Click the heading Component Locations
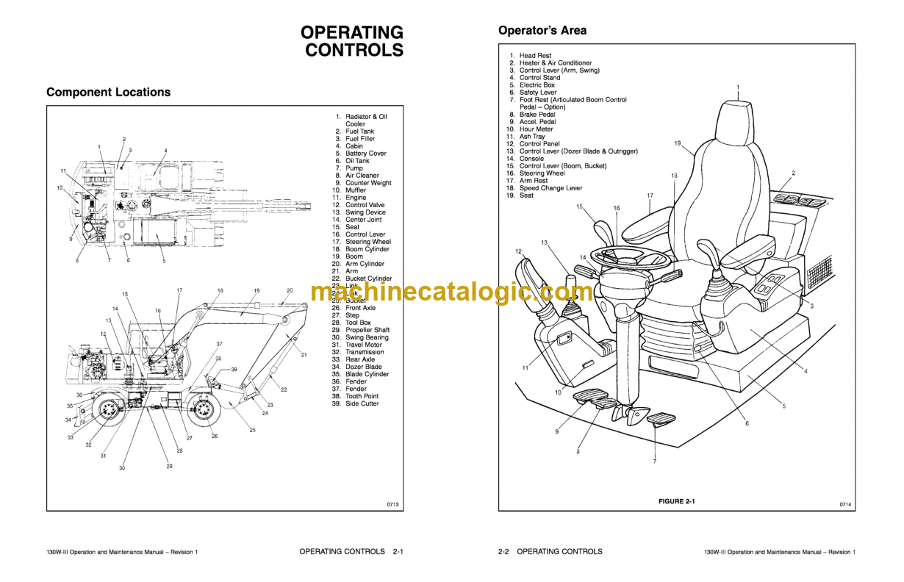tap(108, 93)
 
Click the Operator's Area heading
tap(542, 31)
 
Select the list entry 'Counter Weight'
tap(368, 183)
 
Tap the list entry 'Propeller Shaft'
tap(367, 330)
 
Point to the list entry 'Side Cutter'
tap(362, 403)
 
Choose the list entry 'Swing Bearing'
tap(367, 337)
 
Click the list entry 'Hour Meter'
tap(536, 129)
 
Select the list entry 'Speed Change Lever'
tap(550, 188)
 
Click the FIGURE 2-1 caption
tap(676, 501)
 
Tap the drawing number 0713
tap(392, 504)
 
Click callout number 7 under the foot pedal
tap(654, 461)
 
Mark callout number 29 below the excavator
tap(169, 467)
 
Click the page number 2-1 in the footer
tap(398, 551)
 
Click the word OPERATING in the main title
tap(351, 32)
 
